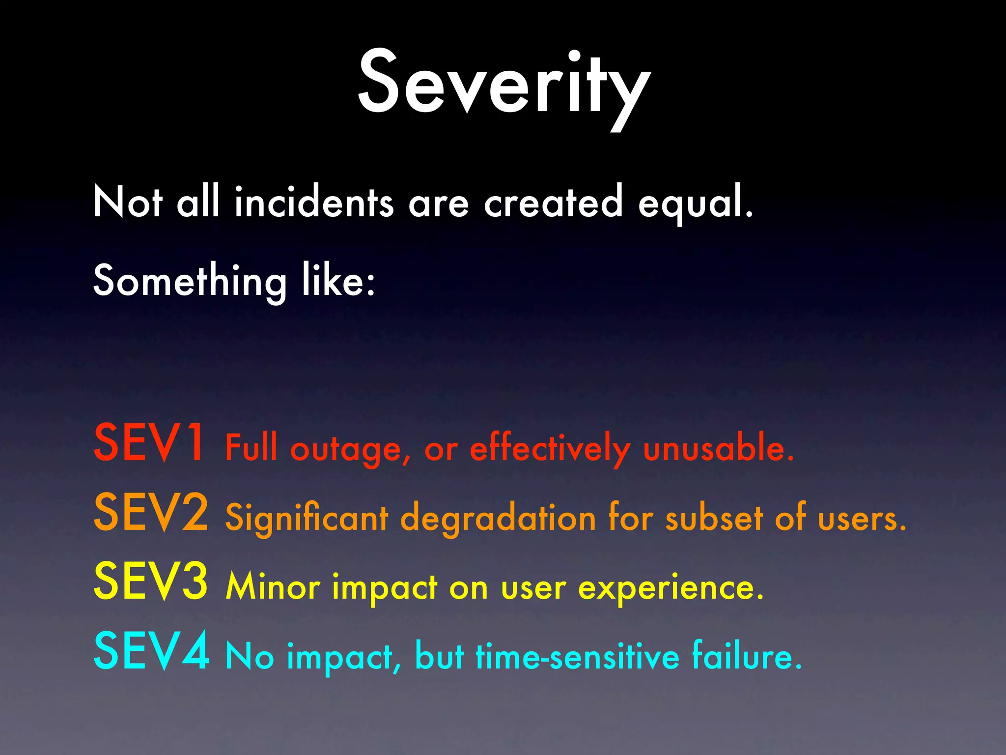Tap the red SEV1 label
tap(149, 443)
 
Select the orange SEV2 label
tap(151, 513)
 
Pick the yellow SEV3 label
tap(151, 582)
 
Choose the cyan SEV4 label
tap(151, 652)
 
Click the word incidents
tap(314, 203)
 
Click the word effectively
tap(550, 449)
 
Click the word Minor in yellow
tap(273, 587)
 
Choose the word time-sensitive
tap(578, 656)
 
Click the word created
tap(553, 203)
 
